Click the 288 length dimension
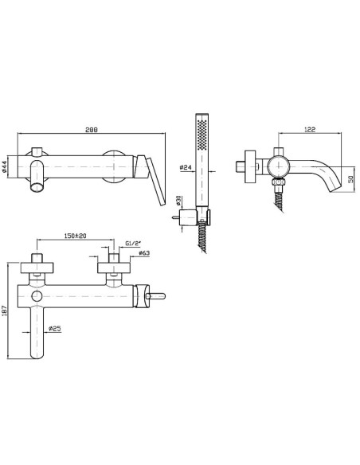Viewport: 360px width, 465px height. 92,130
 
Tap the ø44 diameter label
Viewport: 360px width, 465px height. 5,167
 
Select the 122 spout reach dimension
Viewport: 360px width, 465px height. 310,129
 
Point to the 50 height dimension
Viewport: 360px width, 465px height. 352,179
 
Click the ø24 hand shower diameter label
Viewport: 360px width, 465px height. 186,167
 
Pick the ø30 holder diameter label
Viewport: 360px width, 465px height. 178,201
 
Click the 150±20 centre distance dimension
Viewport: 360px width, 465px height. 75,236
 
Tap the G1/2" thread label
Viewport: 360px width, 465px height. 133,244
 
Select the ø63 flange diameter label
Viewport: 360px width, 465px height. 144,253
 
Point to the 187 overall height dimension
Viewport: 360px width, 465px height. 3,311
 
